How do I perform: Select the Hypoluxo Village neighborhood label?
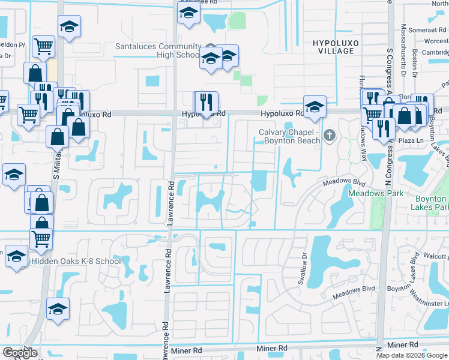click(333, 47)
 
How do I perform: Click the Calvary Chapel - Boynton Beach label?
click(290, 136)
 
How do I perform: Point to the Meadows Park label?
click(368, 194)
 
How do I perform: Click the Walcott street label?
click(436, 257)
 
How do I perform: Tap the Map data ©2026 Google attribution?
click(412, 355)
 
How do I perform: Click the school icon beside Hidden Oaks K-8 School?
click(16, 255)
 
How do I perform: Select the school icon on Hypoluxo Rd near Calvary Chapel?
click(314, 107)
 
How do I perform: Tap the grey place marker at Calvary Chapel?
click(329, 136)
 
